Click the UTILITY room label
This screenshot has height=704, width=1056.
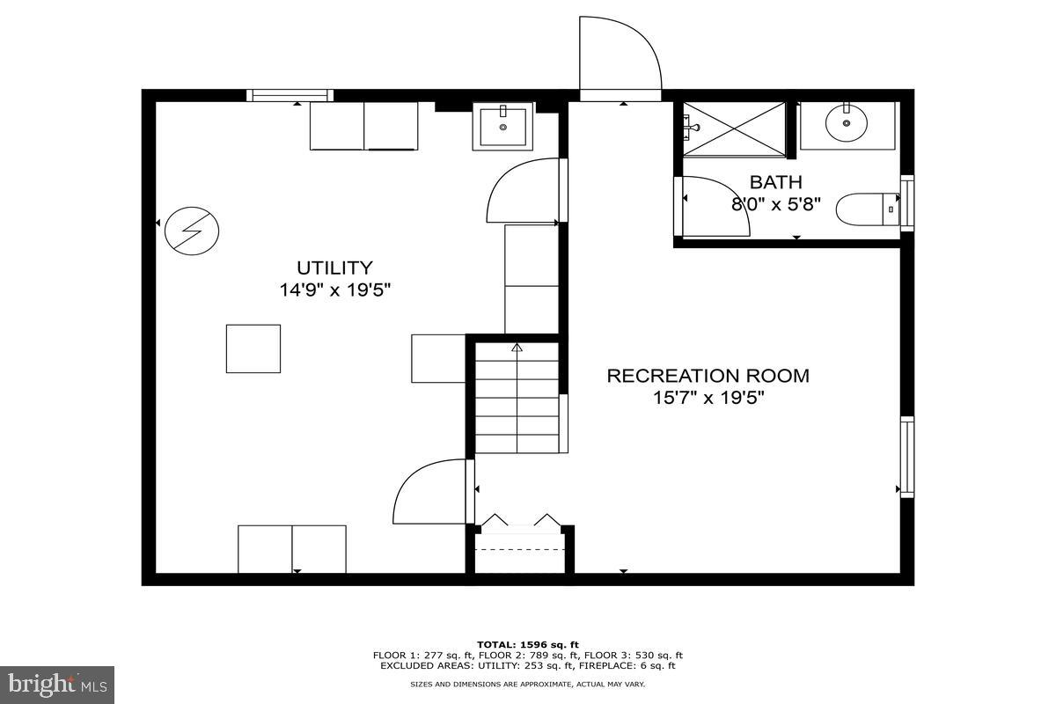tap(334, 268)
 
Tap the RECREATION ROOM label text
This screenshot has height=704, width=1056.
tap(708, 376)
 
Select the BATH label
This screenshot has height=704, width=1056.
tap(775, 182)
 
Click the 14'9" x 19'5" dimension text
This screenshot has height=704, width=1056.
tap(334, 290)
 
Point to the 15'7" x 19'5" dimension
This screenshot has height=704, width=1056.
tap(708, 398)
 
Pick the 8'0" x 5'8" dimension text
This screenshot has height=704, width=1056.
tap(775, 204)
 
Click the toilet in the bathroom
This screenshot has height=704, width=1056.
tap(866, 210)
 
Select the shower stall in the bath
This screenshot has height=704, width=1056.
tap(734, 128)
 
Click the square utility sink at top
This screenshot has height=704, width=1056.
tap(502, 127)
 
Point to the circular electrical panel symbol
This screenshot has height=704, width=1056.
tap(192, 231)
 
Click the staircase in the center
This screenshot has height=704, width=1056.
tap(517, 398)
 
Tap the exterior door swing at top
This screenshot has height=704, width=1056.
tap(620, 55)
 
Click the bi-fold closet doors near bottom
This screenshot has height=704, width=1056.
tap(520, 522)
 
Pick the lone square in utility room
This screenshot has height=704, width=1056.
tap(253, 348)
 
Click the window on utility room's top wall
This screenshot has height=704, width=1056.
tap(290, 95)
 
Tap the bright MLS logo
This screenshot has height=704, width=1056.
tap(57, 683)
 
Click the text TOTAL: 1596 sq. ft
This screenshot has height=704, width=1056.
tap(527, 645)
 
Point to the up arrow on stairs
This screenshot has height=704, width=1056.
tap(517, 348)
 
